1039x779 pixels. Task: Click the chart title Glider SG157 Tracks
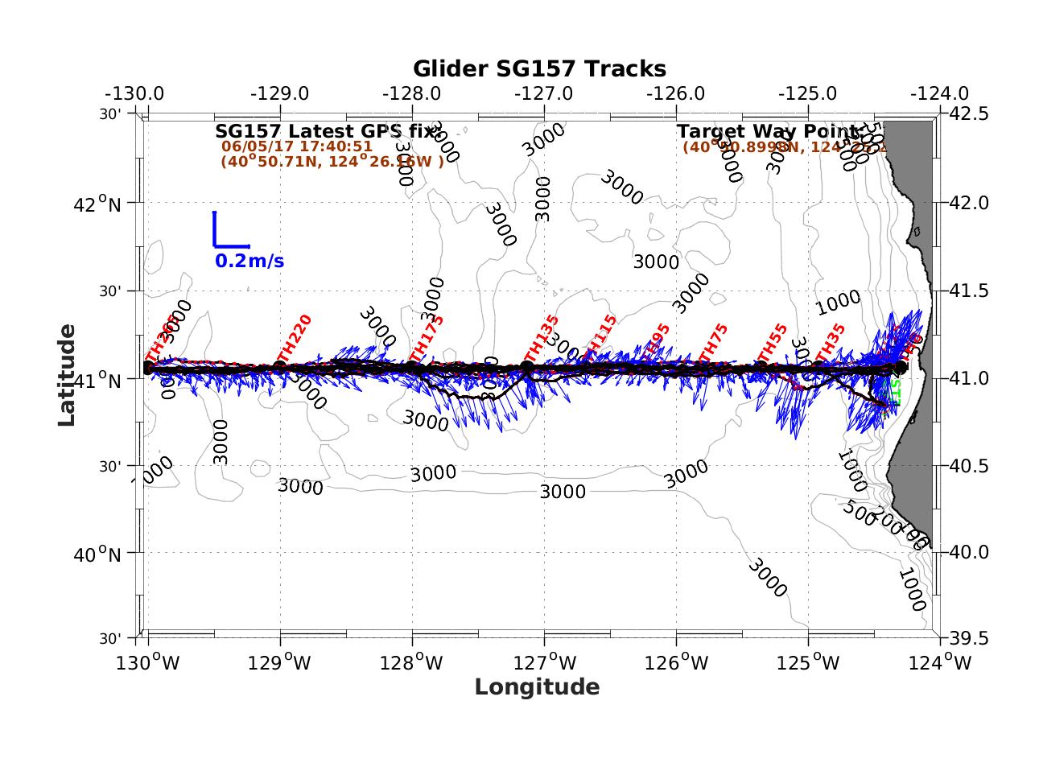tap(539, 69)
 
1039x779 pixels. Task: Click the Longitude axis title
tap(537, 687)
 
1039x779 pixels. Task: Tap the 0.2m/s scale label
tap(249, 262)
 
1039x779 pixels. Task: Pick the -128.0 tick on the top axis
tap(413, 93)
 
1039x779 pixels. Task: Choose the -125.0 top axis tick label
tap(808, 93)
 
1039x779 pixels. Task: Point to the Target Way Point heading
tap(768, 131)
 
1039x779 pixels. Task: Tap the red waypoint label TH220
tap(294, 338)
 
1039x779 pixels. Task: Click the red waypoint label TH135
tap(542, 339)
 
